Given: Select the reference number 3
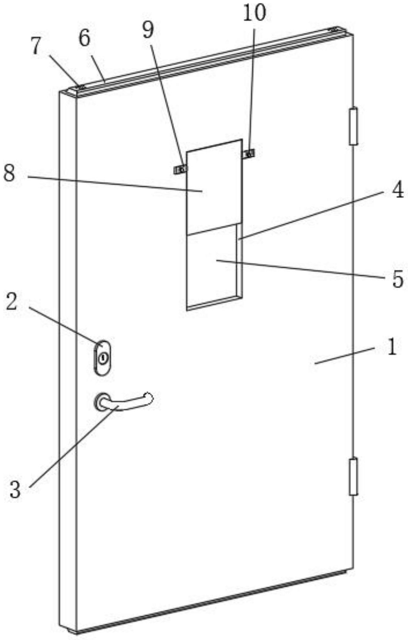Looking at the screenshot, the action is tap(15, 491).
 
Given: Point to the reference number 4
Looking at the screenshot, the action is tap(398, 191).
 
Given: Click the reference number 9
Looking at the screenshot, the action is tap(148, 30).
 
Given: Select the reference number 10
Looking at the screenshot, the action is tap(254, 13).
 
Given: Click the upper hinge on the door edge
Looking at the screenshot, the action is tap(353, 126).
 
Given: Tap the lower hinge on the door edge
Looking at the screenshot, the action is tap(353, 476).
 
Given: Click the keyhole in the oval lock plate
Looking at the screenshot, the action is tap(103, 358).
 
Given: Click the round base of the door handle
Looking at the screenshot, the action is tap(101, 402).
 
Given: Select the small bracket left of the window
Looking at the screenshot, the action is tap(180, 169).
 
